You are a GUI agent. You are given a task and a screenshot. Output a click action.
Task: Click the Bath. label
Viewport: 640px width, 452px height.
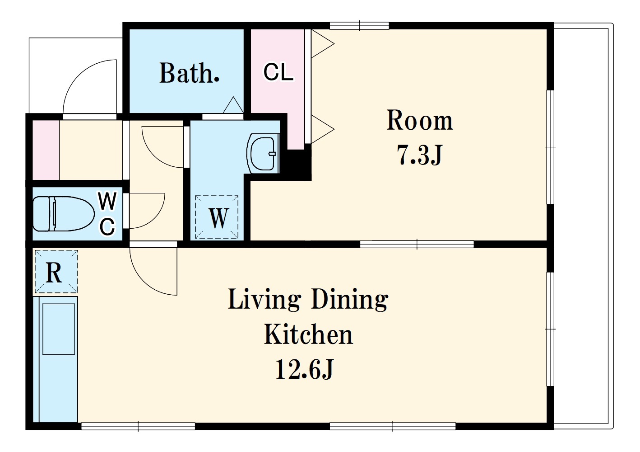(x=190, y=73)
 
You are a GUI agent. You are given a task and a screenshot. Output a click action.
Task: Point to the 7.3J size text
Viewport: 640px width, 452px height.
(x=420, y=155)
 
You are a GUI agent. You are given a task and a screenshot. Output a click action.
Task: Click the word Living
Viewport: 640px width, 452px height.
(x=264, y=301)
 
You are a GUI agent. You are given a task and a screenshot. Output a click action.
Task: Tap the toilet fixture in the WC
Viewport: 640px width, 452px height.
(x=64, y=214)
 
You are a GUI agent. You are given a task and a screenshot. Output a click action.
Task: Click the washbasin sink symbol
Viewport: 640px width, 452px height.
(x=263, y=153)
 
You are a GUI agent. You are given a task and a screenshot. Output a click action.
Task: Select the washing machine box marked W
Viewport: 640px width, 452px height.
(x=217, y=217)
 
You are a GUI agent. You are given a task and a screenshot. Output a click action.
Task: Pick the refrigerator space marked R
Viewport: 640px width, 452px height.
(x=56, y=272)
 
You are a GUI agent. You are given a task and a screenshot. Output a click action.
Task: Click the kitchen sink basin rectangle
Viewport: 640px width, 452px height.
(x=59, y=329)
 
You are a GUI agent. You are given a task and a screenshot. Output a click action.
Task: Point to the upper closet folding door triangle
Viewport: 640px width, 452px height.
(x=322, y=44)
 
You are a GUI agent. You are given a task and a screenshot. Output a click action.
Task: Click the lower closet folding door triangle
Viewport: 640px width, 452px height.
(x=322, y=129)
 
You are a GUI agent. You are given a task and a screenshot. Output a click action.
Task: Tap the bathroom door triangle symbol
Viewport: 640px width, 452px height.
(x=233, y=105)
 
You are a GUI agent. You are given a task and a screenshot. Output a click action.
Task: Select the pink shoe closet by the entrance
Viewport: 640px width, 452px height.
(x=46, y=150)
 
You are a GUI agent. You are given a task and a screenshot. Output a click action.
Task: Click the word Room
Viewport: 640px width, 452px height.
(x=420, y=120)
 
